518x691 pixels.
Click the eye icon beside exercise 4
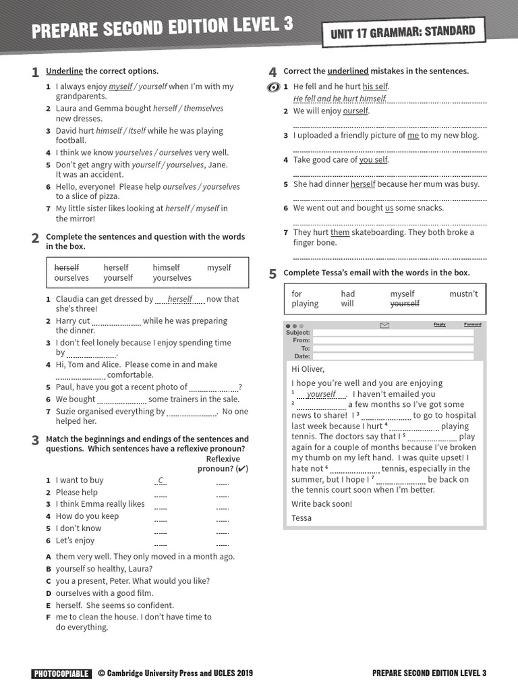pos(273,87)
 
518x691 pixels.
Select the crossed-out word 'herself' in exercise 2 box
pos(67,267)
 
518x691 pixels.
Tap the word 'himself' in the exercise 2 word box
pos(166,267)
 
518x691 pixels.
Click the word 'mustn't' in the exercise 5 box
pos(463,294)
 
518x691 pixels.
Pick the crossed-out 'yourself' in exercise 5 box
pos(405,304)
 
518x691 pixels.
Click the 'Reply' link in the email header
pos(440,325)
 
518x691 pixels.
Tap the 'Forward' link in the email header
pos(473,325)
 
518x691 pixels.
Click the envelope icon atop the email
pos(384,325)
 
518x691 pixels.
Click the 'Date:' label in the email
pos(302,356)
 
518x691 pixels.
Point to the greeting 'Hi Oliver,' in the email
pos(308,369)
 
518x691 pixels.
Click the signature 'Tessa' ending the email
pos(301,518)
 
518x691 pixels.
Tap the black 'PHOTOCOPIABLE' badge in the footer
pos(61,673)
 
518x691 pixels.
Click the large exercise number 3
pos(35,441)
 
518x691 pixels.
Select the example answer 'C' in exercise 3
pos(161,480)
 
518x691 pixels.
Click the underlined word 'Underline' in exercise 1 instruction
pos(64,71)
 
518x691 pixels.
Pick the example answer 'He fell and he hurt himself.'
pos(340,99)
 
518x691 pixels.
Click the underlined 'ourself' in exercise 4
pos(355,111)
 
